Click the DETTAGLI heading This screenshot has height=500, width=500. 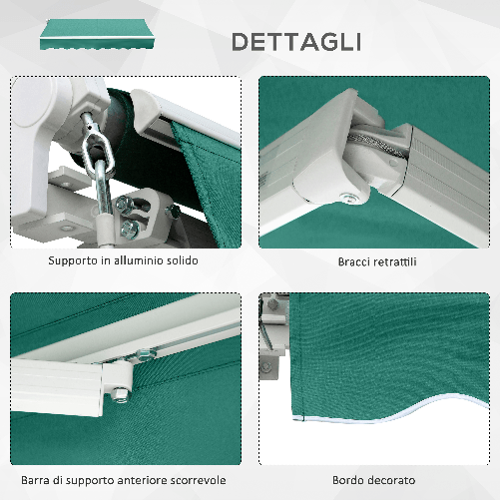pyautogui.click(x=296, y=41)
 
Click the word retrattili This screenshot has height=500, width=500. pyautogui.click(x=402, y=261)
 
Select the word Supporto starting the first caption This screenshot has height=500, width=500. pyautogui.click(x=73, y=260)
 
